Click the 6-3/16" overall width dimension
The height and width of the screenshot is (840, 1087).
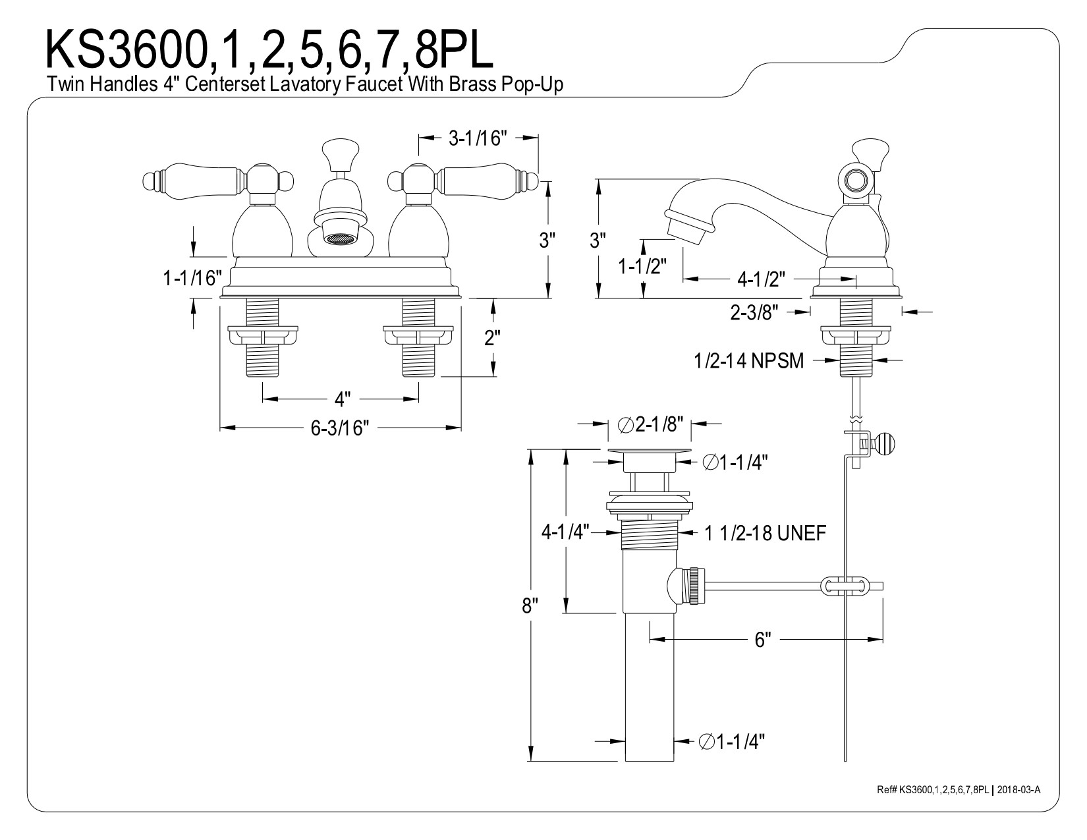coord(339,428)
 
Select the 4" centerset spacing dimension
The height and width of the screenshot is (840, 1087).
coord(341,399)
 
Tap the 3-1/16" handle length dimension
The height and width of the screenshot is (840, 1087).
coord(478,138)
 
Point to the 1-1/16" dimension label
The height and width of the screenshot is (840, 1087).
coord(190,278)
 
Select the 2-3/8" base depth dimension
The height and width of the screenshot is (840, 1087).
coord(755,312)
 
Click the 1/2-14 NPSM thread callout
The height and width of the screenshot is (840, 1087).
coord(748,361)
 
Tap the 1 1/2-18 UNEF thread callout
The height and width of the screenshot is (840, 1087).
coord(765,534)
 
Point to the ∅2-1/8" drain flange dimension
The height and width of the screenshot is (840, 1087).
coord(650,424)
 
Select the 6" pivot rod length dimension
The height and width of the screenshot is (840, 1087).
coord(762,639)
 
